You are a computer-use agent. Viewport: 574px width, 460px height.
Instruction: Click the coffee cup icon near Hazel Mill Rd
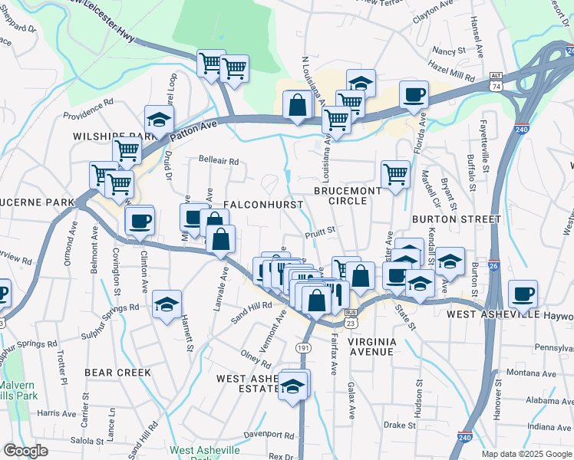[x=414, y=94]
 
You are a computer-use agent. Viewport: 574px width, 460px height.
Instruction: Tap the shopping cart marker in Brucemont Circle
[x=395, y=173]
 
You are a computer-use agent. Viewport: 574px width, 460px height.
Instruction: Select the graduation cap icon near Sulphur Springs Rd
[x=167, y=304]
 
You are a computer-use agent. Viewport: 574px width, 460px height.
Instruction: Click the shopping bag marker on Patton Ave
[x=297, y=105]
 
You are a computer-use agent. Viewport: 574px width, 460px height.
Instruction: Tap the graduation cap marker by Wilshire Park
[x=159, y=120]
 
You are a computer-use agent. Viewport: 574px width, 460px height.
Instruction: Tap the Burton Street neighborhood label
[x=456, y=219]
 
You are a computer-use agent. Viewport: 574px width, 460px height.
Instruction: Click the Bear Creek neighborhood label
[x=117, y=372]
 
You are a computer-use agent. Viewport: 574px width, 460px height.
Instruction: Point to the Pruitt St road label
[x=321, y=229]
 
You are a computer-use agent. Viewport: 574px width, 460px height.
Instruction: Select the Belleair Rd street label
[x=219, y=162]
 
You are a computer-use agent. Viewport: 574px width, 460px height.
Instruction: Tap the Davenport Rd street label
[x=269, y=435]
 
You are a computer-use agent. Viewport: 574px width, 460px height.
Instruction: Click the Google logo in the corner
[x=25, y=451]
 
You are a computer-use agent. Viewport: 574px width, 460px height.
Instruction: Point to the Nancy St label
[x=446, y=51]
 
